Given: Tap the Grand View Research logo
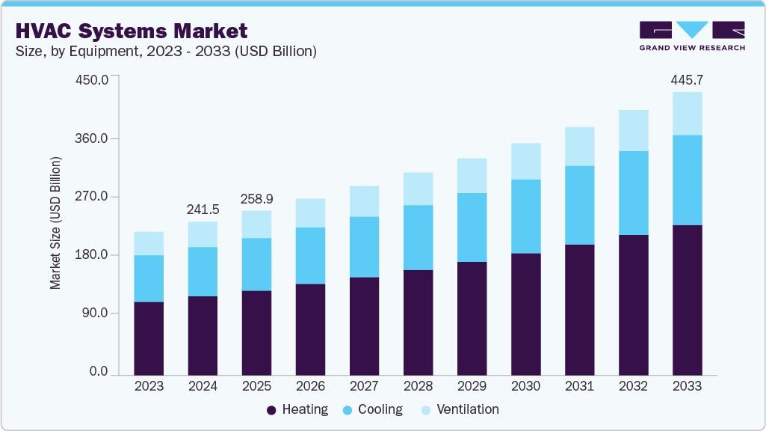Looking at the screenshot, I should click(x=691, y=36).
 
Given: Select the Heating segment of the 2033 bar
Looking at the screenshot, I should click(x=687, y=299).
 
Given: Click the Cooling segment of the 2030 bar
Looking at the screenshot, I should click(x=525, y=216).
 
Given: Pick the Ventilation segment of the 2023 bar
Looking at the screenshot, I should click(x=149, y=243).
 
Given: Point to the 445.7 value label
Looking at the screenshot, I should click(x=687, y=79).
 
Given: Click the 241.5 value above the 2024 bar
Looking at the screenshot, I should click(x=203, y=209).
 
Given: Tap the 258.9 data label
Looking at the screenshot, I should click(x=256, y=198).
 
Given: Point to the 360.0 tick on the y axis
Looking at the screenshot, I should click(x=93, y=139).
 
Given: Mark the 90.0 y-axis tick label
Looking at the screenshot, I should click(x=96, y=313).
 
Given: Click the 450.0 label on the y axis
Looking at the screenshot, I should click(x=93, y=79).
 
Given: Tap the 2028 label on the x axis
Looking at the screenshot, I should click(x=418, y=386).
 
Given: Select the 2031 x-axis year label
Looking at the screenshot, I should click(x=579, y=386).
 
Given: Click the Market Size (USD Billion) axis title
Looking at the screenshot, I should click(x=55, y=223).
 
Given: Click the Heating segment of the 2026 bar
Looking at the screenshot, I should click(x=310, y=329).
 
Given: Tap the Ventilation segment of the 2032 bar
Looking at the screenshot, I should click(x=633, y=130).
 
